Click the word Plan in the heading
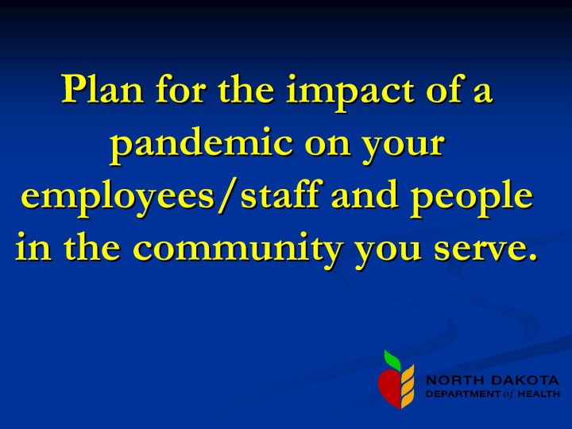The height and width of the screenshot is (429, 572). [102, 89]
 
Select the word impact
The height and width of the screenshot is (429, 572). [350, 91]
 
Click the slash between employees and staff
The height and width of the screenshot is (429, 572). [227, 195]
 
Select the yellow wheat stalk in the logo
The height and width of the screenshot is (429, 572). [408, 386]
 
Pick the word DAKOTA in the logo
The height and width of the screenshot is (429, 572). [525, 381]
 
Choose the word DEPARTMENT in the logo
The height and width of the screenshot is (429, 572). [463, 394]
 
